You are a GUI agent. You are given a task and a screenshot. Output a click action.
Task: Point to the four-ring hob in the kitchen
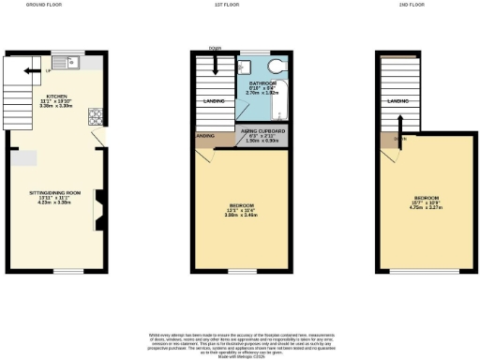(x=95, y=117)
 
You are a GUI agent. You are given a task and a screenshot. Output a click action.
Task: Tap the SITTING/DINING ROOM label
(x=54, y=194)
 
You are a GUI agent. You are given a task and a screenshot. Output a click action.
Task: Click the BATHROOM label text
(x=262, y=84)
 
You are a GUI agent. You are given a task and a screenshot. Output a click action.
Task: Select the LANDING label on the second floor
(x=398, y=99)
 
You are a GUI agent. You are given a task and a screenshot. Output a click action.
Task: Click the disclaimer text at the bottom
(x=240, y=342)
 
